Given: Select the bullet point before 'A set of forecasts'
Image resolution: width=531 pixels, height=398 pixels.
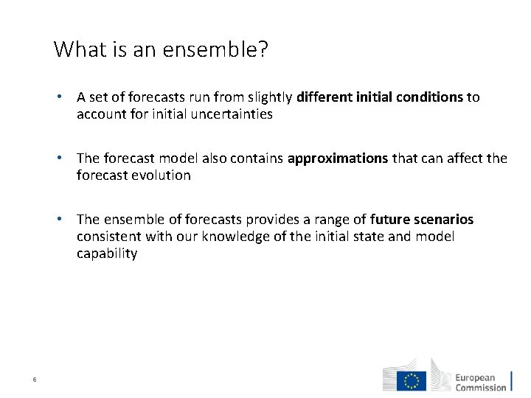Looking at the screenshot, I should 66,97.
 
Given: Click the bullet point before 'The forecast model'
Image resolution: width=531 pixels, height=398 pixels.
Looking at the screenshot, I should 66,158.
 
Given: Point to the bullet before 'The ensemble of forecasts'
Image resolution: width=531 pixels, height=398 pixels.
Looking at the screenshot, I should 66,220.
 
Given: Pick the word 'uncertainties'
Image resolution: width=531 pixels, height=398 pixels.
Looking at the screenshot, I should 229,114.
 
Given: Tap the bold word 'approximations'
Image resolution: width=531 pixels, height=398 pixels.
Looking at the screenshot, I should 337,158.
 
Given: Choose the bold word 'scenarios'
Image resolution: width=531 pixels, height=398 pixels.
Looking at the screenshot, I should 442,220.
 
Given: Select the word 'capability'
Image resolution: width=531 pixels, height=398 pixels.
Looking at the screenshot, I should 107,254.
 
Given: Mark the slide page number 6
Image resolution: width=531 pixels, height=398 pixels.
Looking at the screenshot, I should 35,380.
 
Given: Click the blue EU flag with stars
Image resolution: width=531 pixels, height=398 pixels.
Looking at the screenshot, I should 412,380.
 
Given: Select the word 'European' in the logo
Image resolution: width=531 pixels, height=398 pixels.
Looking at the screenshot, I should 475,377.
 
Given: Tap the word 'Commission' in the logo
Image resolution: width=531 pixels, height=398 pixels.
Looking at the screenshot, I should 481,388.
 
